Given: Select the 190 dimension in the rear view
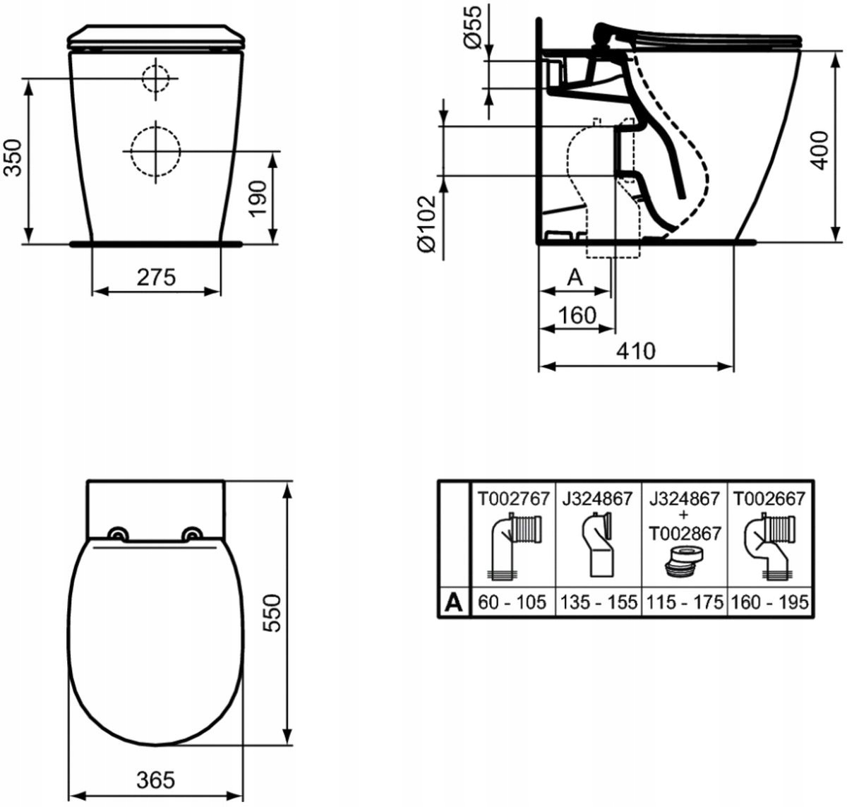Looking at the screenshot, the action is coord(258,199).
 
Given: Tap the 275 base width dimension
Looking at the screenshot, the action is coord(157,277).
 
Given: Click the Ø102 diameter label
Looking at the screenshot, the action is coord(427,224).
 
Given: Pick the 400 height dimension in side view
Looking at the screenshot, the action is coord(819,150).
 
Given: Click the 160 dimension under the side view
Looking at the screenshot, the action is coord(577,316).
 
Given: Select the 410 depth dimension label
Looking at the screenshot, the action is coord(635,351).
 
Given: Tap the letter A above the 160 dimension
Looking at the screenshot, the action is coord(575,277).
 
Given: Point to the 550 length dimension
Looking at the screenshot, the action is coord(272,613).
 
